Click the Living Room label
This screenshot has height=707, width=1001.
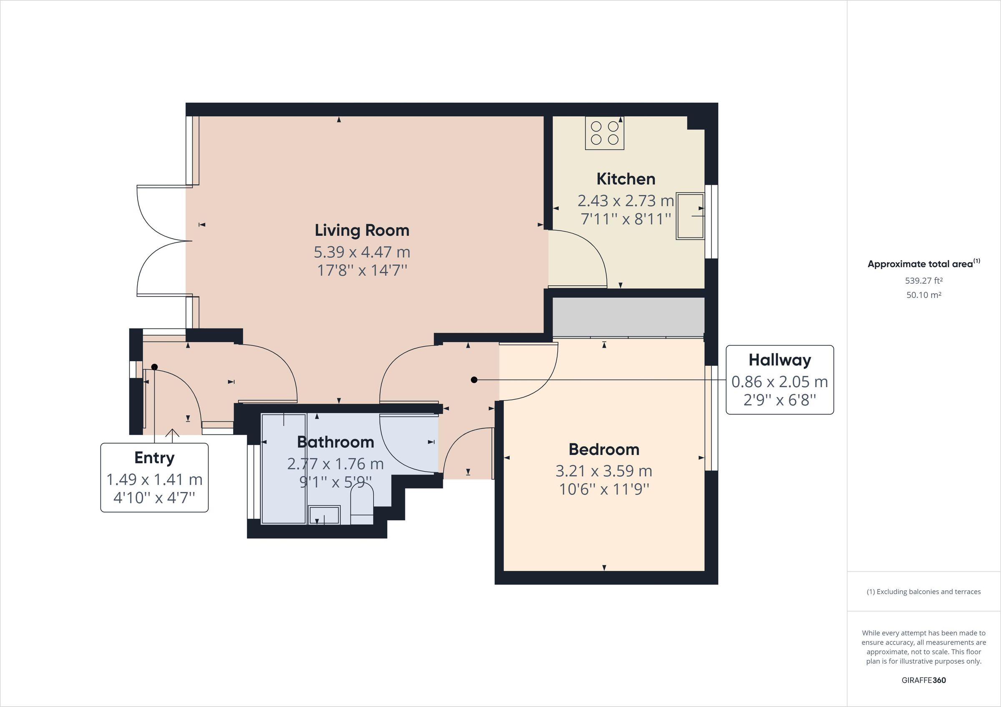coord(362,230)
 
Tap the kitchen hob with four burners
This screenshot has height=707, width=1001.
coord(604,133)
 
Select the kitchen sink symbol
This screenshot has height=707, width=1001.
coord(690,216)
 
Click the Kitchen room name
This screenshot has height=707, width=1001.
coord(626,179)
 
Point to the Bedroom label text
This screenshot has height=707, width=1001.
coord(604,450)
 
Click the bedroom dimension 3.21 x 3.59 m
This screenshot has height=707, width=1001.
coord(604,471)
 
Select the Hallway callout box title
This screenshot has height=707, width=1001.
coord(780,360)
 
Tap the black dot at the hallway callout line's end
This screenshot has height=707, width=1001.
coord(474,380)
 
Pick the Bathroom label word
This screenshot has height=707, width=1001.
coord(335,442)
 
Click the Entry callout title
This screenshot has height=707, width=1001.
coord(154,458)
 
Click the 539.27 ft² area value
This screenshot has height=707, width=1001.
coord(923,281)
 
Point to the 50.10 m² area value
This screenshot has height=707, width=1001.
coord(923,295)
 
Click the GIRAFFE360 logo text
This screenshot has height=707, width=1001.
coord(923,680)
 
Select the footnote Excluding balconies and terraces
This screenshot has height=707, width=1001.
coord(923,592)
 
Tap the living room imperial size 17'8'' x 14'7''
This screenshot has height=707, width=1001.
coord(362,270)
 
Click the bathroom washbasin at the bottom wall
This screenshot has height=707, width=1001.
coord(324,515)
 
